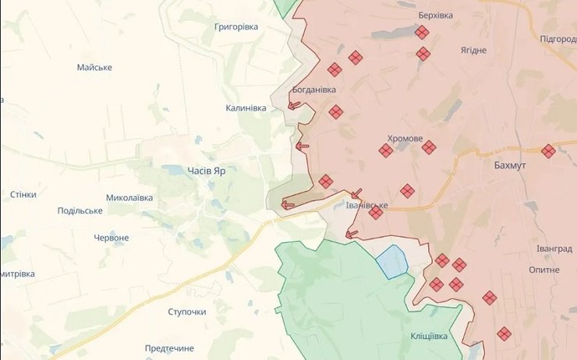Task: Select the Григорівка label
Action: [x=235, y=26]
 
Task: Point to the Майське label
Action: [x=94, y=67]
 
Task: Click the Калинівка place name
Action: [x=246, y=108]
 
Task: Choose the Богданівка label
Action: [x=314, y=89]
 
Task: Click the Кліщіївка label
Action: [x=429, y=336]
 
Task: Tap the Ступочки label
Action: [x=187, y=312]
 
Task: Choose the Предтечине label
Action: [x=169, y=348]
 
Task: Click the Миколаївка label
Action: [x=129, y=198]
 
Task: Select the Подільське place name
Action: [x=80, y=211]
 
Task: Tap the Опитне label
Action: [x=543, y=270]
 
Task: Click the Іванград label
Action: [x=554, y=249]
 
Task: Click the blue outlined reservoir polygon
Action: [x=392, y=262]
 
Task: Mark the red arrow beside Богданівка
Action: [x=295, y=106]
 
